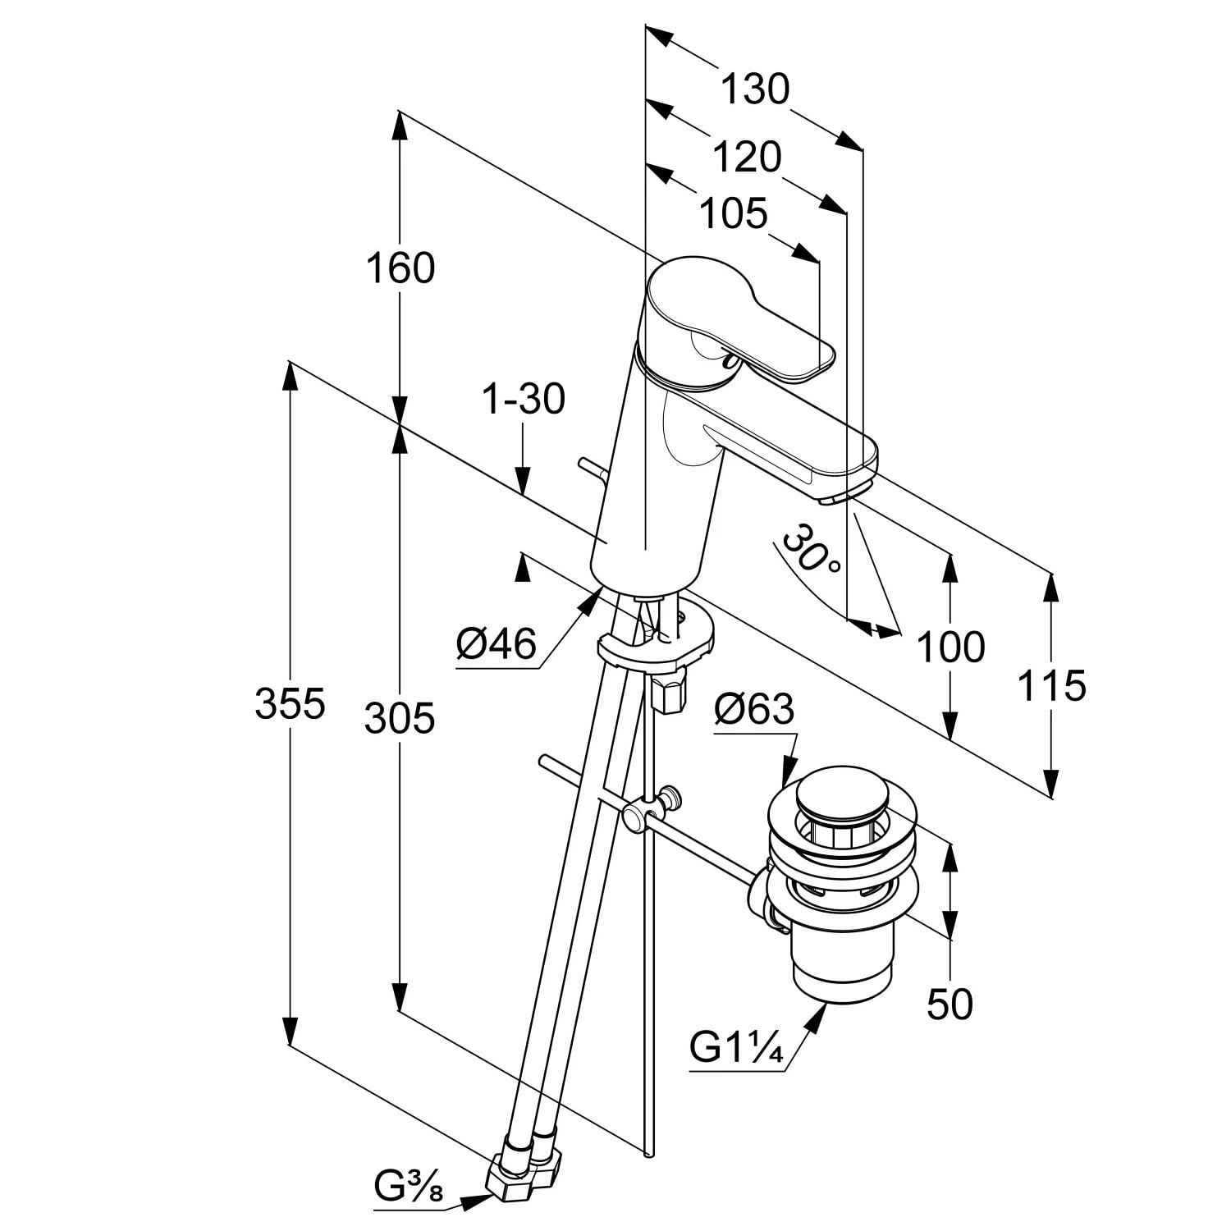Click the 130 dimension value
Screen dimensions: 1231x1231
tap(754, 89)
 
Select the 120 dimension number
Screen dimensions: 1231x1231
tap(746, 157)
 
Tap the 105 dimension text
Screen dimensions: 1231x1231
tap(733, 214)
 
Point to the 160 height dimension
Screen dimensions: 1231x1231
tap(400, 268)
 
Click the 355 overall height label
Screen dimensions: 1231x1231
tap(290, 704)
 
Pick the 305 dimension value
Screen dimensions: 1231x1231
tap(400, 719)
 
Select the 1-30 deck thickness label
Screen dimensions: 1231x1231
tap(523, 400)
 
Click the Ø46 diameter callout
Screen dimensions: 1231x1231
tap(497, 644)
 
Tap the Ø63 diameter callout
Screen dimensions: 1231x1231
tap(754, 709)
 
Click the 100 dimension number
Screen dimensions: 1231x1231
tap(950, 648)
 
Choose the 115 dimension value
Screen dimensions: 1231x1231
tap(1051, 685)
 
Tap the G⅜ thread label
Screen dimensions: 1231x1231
tap(409, 1187)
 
